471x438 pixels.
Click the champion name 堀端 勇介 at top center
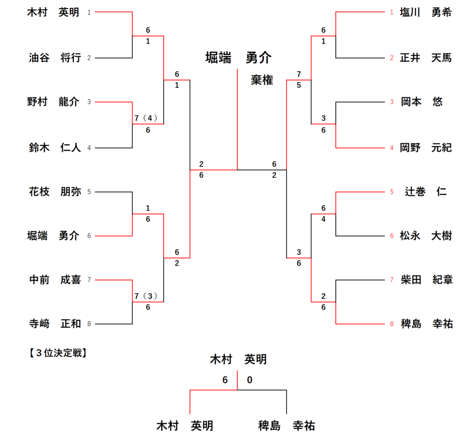238,58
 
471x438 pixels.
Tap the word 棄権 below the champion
262,80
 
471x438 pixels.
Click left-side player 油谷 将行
54,58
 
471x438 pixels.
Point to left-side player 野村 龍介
54,102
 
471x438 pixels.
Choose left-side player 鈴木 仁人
54,148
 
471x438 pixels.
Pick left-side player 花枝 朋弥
54,192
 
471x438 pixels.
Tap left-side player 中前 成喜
54,280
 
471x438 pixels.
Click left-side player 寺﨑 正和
54,324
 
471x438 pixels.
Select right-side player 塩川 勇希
425,13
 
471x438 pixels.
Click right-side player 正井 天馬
425,58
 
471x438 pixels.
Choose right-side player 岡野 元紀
425,148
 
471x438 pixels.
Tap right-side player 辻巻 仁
425,192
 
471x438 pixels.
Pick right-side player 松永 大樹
425,236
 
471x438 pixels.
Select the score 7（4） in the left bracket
146,118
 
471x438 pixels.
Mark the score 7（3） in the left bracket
146,296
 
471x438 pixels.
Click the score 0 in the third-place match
250,380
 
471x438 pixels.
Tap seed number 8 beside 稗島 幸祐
392,324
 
